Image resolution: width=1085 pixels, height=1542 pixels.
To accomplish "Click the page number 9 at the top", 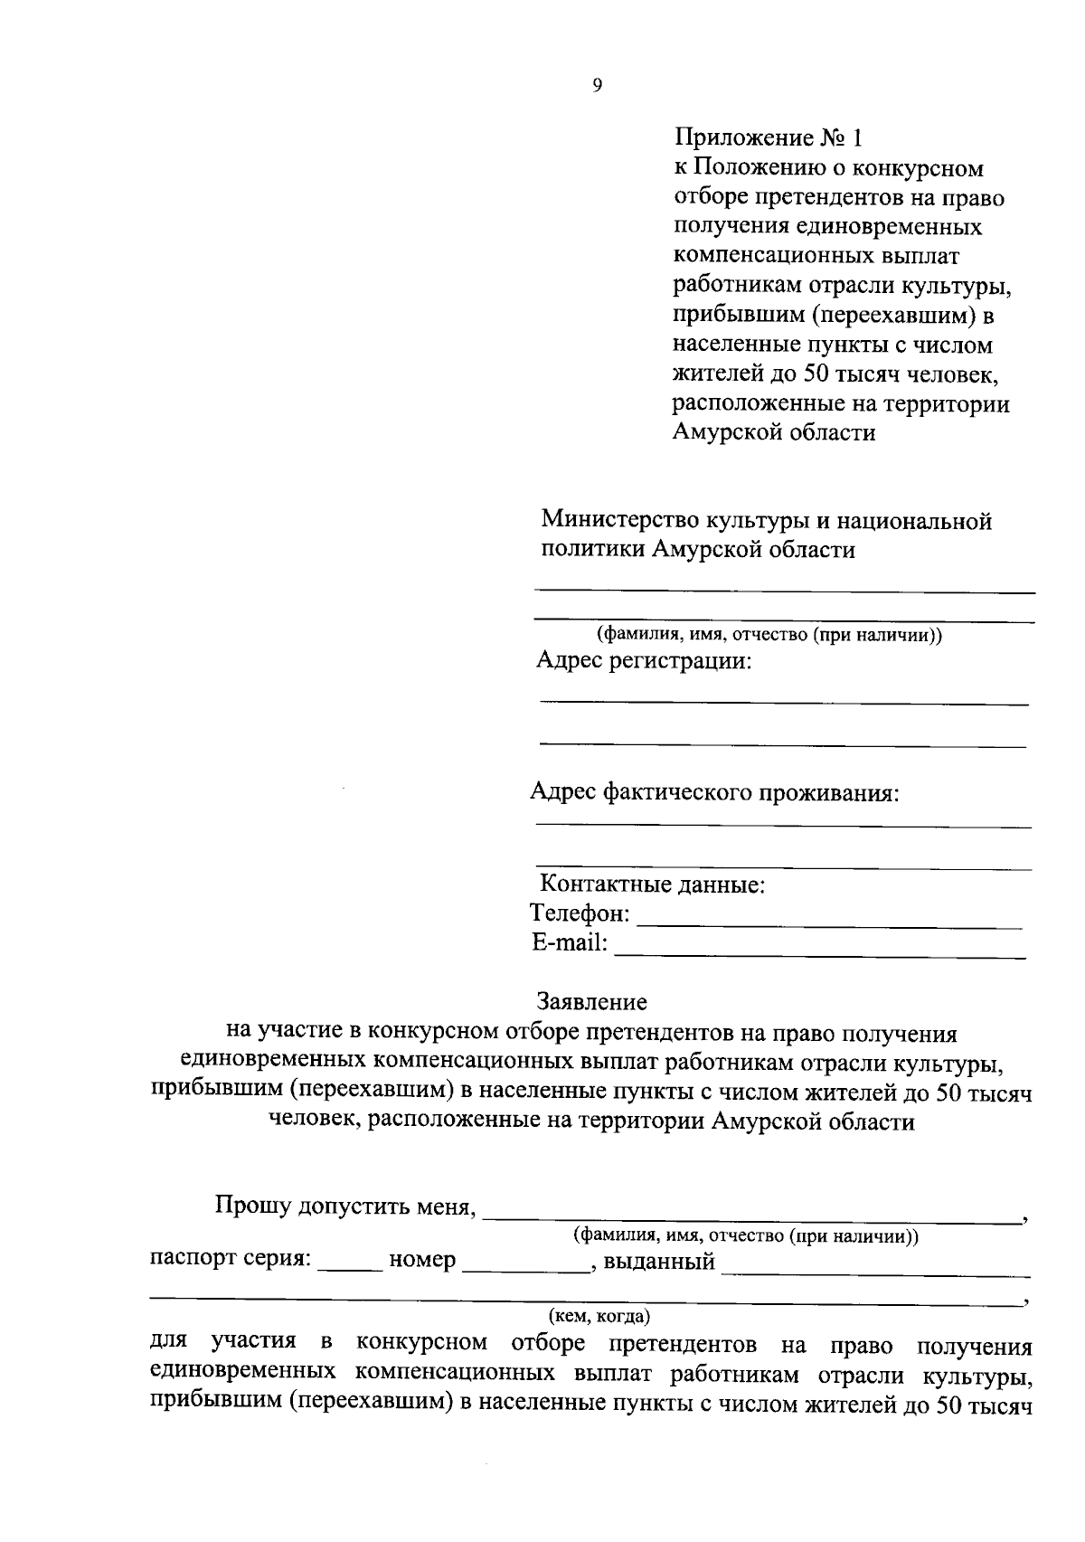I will coord(597,86).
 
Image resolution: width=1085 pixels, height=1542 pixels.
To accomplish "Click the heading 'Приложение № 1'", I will coord(769,138).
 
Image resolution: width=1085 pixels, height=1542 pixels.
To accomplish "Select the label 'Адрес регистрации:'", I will coord(644,661).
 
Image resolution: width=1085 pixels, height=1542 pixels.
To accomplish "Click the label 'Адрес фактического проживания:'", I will coord(714,793).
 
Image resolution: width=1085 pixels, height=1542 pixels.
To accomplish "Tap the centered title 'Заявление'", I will coord(592,1002).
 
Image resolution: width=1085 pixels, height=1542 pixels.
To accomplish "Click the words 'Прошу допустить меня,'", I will coord(345,1206).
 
